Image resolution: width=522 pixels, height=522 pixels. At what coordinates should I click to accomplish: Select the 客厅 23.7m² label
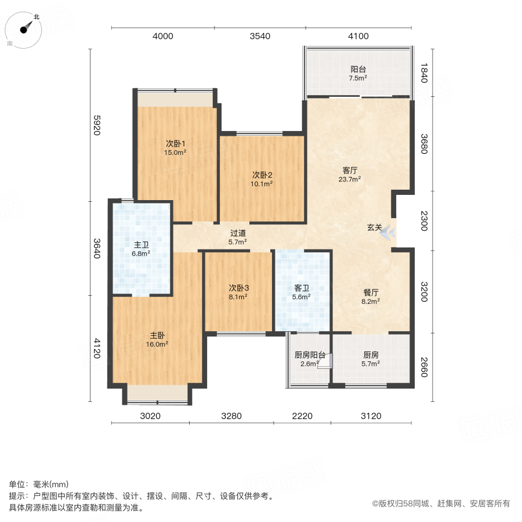349,175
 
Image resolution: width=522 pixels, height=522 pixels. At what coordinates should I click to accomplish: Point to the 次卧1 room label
175,148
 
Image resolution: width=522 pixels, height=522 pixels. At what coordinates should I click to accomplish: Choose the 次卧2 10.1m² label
262,178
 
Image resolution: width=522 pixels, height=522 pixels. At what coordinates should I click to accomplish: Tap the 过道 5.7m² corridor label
238,237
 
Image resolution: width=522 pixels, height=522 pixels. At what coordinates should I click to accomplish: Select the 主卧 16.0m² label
157,339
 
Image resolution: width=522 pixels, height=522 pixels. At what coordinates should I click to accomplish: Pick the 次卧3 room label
238,292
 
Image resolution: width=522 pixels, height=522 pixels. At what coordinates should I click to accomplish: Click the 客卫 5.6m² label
301,292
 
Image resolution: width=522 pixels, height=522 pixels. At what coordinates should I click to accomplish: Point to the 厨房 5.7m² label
371,359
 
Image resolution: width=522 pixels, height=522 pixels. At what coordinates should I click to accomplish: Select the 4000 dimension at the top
162,37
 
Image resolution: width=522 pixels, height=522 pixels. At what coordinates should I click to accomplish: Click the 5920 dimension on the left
97,125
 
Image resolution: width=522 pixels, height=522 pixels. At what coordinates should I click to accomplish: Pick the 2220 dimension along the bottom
302,416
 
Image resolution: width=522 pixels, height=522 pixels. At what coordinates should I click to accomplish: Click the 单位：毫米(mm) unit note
39,485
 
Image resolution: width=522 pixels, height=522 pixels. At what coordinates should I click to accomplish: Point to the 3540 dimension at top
260,37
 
